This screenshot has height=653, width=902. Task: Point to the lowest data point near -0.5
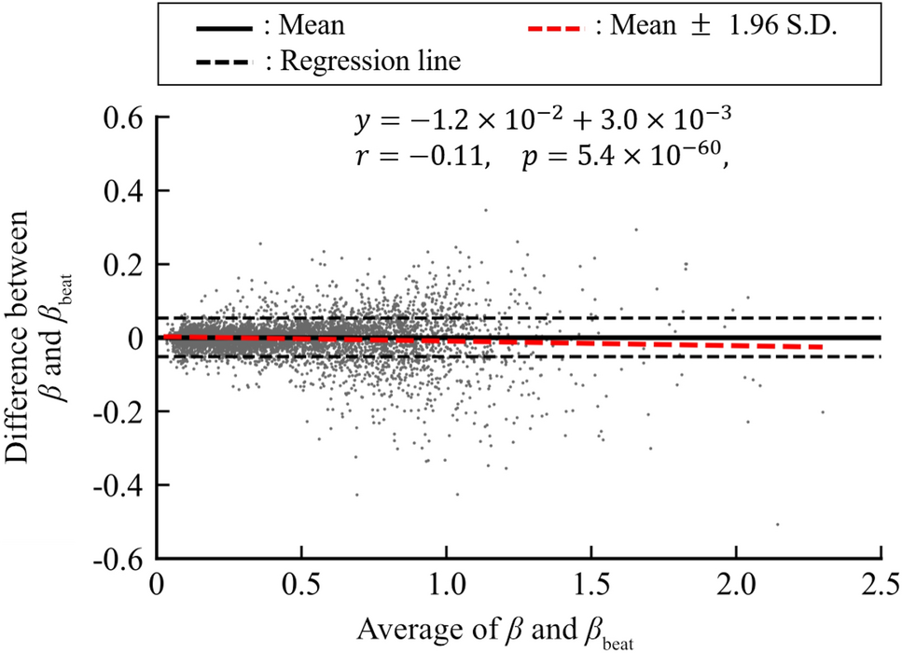[x=777, y=524]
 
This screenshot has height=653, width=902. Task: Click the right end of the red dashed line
[x=821, y=347]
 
